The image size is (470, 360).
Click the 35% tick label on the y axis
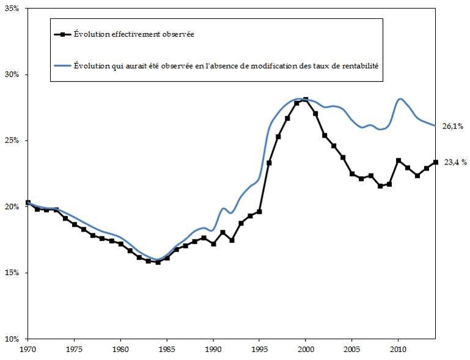click(x=13, y=9)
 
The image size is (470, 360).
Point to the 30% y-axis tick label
click(x=13, y=75)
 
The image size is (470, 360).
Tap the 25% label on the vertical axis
click(x=13, y=141)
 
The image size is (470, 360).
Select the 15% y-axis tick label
click(x=13, y=273)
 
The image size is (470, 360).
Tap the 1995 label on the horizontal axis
click(x=259, y=350)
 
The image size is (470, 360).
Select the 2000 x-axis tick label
click(x=306, y=350)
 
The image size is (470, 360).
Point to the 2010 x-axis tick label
click(x=398, y=350)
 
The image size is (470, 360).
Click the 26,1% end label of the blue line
click(x=453, y=127)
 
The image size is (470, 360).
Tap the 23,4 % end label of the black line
click(x=455, y=163)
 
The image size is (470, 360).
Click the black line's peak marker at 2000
click(x=306, y=100)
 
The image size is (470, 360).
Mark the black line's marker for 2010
click(x=398, y=161)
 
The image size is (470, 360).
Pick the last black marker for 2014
click(x=435, y=162)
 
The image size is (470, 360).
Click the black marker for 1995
click(x=260, y=211)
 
